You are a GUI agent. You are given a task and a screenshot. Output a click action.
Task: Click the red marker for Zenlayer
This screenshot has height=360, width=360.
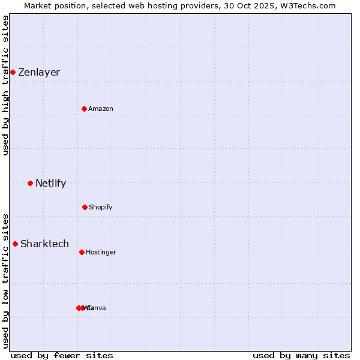[13, 72]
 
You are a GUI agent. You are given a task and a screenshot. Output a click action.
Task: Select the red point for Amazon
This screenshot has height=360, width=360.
[84, 109]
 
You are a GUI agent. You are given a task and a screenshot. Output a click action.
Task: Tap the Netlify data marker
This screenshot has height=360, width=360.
[30, 183]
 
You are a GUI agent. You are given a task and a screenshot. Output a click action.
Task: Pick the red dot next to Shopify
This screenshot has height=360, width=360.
[85, 207]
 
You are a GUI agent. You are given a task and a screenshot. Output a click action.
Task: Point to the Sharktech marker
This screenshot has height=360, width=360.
[15, 244]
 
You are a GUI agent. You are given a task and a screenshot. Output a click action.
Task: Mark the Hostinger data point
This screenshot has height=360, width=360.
[82, 252]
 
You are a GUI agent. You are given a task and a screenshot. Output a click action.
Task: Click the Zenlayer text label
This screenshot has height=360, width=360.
[39, 72]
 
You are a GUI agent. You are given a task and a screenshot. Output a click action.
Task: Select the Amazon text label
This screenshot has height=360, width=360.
[101, 109]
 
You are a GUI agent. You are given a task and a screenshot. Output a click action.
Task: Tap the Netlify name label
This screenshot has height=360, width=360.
[50, 183]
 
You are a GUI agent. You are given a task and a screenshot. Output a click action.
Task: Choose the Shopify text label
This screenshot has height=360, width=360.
[101, 207]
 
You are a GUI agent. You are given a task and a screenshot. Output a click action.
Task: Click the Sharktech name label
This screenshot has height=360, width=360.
[44, 244]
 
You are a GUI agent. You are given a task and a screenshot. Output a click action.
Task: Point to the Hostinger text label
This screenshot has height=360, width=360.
[101, 252]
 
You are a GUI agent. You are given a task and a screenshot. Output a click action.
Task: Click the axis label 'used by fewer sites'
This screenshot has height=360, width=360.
[62, 355]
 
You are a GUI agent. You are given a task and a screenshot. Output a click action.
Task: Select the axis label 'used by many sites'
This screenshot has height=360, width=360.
[301, 355]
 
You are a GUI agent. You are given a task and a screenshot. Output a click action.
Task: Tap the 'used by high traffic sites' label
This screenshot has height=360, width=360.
[5, 85]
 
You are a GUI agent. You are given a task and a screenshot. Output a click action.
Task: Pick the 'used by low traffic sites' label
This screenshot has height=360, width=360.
[5, 281]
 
